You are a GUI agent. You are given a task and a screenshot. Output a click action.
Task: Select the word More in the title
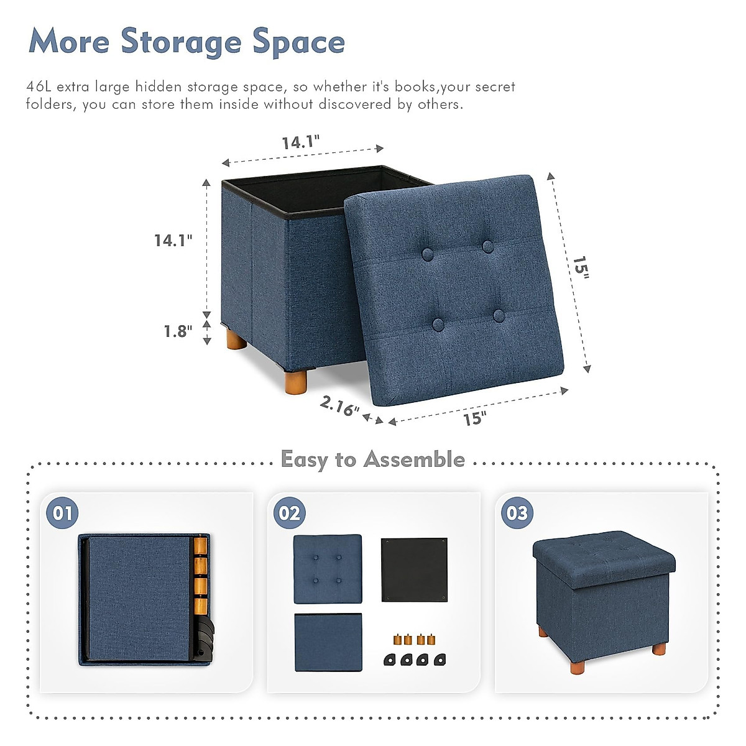point(68,42)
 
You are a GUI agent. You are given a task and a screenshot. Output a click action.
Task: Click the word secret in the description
point(495,86)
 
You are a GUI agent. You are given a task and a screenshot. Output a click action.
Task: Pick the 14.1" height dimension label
point(173,240)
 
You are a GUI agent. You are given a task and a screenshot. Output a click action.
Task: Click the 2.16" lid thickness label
point(339,407)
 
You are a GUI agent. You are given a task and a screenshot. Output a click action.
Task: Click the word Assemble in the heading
point(414,459)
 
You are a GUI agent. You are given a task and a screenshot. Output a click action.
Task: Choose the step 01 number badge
point(63,513)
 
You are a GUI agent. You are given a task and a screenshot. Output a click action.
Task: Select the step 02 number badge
point(290,513)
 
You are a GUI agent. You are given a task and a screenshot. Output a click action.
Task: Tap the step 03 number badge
point(517,513)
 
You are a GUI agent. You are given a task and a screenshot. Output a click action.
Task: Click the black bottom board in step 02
point(413,569)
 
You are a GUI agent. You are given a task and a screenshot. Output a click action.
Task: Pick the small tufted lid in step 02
point(327,568)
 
